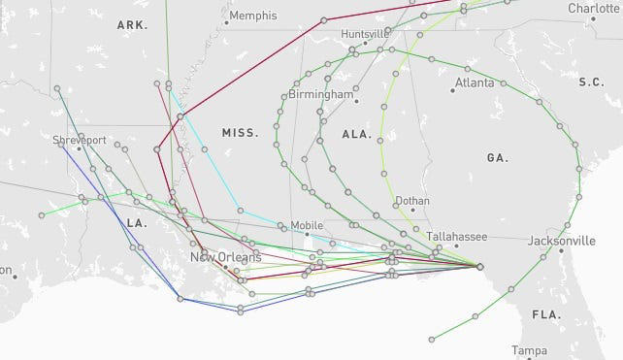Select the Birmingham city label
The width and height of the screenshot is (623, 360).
pyautogui.click(x=320, y=95)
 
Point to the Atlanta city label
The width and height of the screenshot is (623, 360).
pyautogui.click(x=474, y=82)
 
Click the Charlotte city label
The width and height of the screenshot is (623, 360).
pyautogui.click(x=594, y=8)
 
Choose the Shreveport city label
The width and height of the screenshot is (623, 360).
pyautogui.click(x=80, y=141)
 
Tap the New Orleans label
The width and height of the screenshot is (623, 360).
pyautogui.click(x=225, y=257)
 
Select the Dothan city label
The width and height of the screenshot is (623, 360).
pyautogui.click(x=412, y=202)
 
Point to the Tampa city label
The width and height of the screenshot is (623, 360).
pyautogui.click(x=530, y=350)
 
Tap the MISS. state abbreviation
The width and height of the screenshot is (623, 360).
pyautogui.click(x=241, y=133)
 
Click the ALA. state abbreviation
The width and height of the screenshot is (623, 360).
pyautogui.click(x=357, y=135)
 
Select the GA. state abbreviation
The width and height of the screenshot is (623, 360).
pyautogui.click(x=498, y=156)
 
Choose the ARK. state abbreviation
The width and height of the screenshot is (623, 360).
pyautogui.click(x=131, y=23)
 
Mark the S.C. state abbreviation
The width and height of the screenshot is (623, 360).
pyautogui.click(x=591, y=82)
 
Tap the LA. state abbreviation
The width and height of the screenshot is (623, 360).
pyautogui.click(x=135, y=222)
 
